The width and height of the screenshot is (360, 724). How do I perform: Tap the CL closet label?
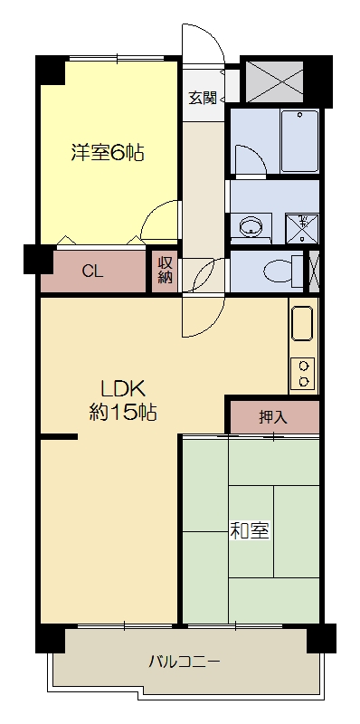[x=91, y=271]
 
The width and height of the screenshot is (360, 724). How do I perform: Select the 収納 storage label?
[x=165, y=270]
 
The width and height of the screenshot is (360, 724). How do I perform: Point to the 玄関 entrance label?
[x=202, y=98]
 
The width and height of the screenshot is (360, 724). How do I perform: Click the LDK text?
[x=123, y=390]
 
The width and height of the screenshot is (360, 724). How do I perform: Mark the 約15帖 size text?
[x=123, y=414]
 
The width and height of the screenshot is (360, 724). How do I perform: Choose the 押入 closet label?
[x=272, y=417]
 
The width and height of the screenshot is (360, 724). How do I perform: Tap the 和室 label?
[x=249, y=531]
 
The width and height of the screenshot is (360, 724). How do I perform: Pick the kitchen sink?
[x=302, y=324]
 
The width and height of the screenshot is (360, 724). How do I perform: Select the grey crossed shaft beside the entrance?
[x=274, y=80]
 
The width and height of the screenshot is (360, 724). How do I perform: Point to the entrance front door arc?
[x=202, y=45]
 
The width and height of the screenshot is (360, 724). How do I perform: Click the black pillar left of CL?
[x=39, y=260]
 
